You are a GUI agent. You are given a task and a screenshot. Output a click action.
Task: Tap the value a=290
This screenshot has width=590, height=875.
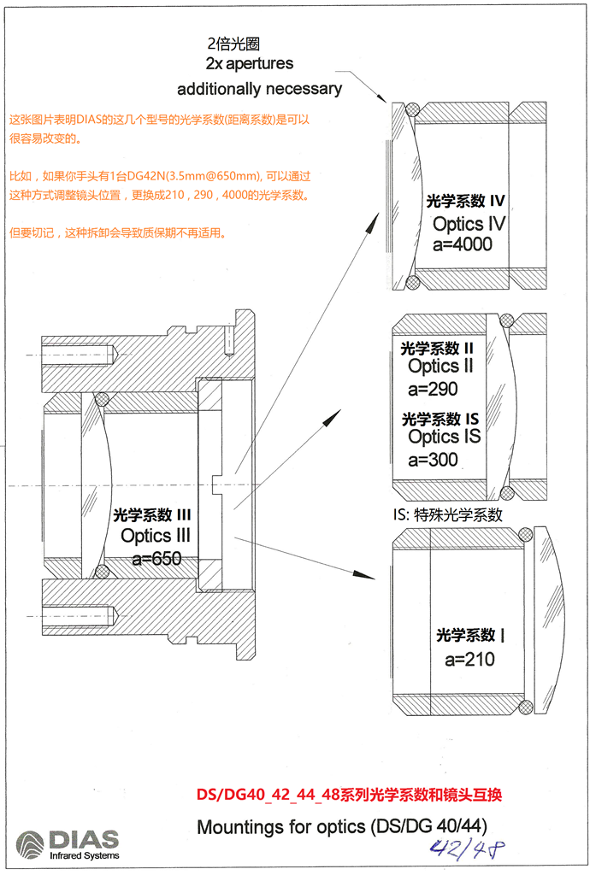433,389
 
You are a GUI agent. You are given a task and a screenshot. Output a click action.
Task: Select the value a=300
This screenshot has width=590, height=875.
433,460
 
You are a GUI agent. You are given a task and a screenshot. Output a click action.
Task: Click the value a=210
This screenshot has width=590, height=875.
469,660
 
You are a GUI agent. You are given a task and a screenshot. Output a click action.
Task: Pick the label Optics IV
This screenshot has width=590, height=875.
469,224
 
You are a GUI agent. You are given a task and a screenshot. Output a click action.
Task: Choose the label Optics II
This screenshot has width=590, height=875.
440,367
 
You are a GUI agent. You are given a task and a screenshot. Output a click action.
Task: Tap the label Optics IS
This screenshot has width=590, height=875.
444,437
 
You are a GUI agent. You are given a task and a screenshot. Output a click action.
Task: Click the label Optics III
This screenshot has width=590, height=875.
156,537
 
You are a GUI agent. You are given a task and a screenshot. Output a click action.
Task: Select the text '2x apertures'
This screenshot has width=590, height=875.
250,64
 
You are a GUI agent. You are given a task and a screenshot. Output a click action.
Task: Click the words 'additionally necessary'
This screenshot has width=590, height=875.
259,89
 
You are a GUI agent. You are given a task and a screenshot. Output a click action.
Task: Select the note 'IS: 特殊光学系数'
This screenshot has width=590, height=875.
447,515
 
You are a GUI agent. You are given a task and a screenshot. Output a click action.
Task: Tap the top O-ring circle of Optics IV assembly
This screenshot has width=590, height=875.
413,109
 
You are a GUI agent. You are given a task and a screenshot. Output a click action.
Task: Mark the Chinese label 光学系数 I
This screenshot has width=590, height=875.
470,636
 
